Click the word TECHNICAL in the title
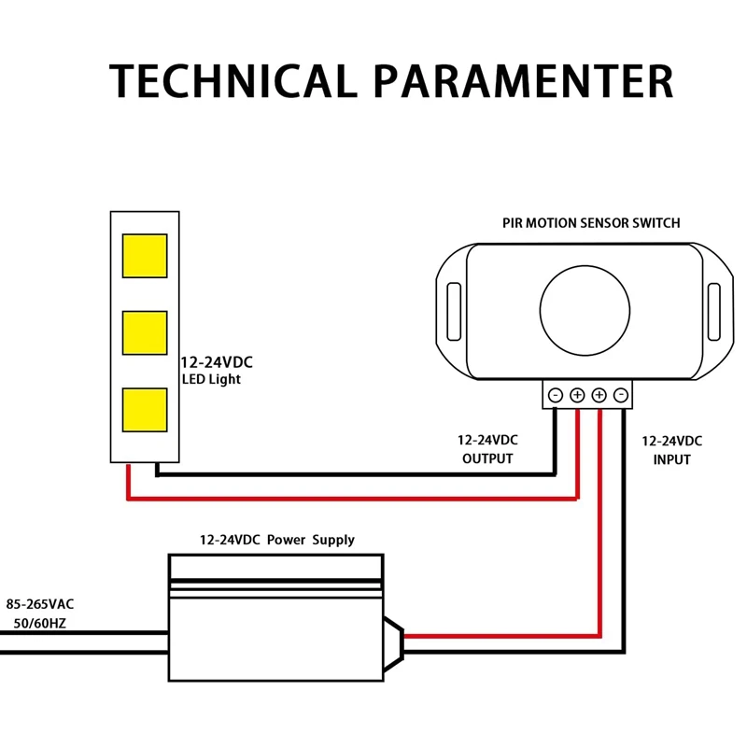click(233, 81)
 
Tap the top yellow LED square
click(145, 256)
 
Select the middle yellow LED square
click(145, 332)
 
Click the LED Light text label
click(210, 380)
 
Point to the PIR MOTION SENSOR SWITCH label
click(591, 223)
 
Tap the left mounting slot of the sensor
click(454, 307)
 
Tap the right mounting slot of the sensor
click(714, 307)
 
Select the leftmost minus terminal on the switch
click(555, 395)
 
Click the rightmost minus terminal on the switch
click(620, 395)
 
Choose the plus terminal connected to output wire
click(577, 395)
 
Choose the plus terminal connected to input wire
click(599, 395)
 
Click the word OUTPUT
click(487, 458)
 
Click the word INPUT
click(671, 459)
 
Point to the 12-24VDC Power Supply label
click(277, 540)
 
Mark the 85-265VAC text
click(40, 604)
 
